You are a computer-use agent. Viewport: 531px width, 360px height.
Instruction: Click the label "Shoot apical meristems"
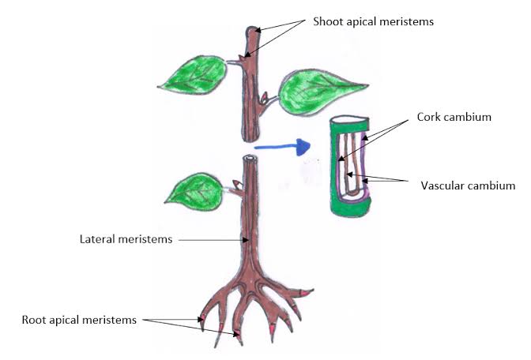(363, 21)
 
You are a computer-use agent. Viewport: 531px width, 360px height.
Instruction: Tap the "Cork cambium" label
(454, 117)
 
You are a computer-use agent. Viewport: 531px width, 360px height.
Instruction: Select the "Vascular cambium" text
(468, 186)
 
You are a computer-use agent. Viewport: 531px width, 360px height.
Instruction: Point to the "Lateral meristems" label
(126, 238)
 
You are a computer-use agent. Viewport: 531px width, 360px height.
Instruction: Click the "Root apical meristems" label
(80, 320)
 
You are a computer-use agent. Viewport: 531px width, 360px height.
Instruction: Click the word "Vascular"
(442, 186)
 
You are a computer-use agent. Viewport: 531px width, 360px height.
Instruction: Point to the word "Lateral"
(99, 238)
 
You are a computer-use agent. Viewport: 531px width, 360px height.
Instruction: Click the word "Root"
(35, 320)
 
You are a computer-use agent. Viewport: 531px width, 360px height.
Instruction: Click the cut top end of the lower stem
(250, 159)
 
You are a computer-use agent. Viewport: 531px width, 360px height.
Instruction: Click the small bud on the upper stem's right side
(265, 99)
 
